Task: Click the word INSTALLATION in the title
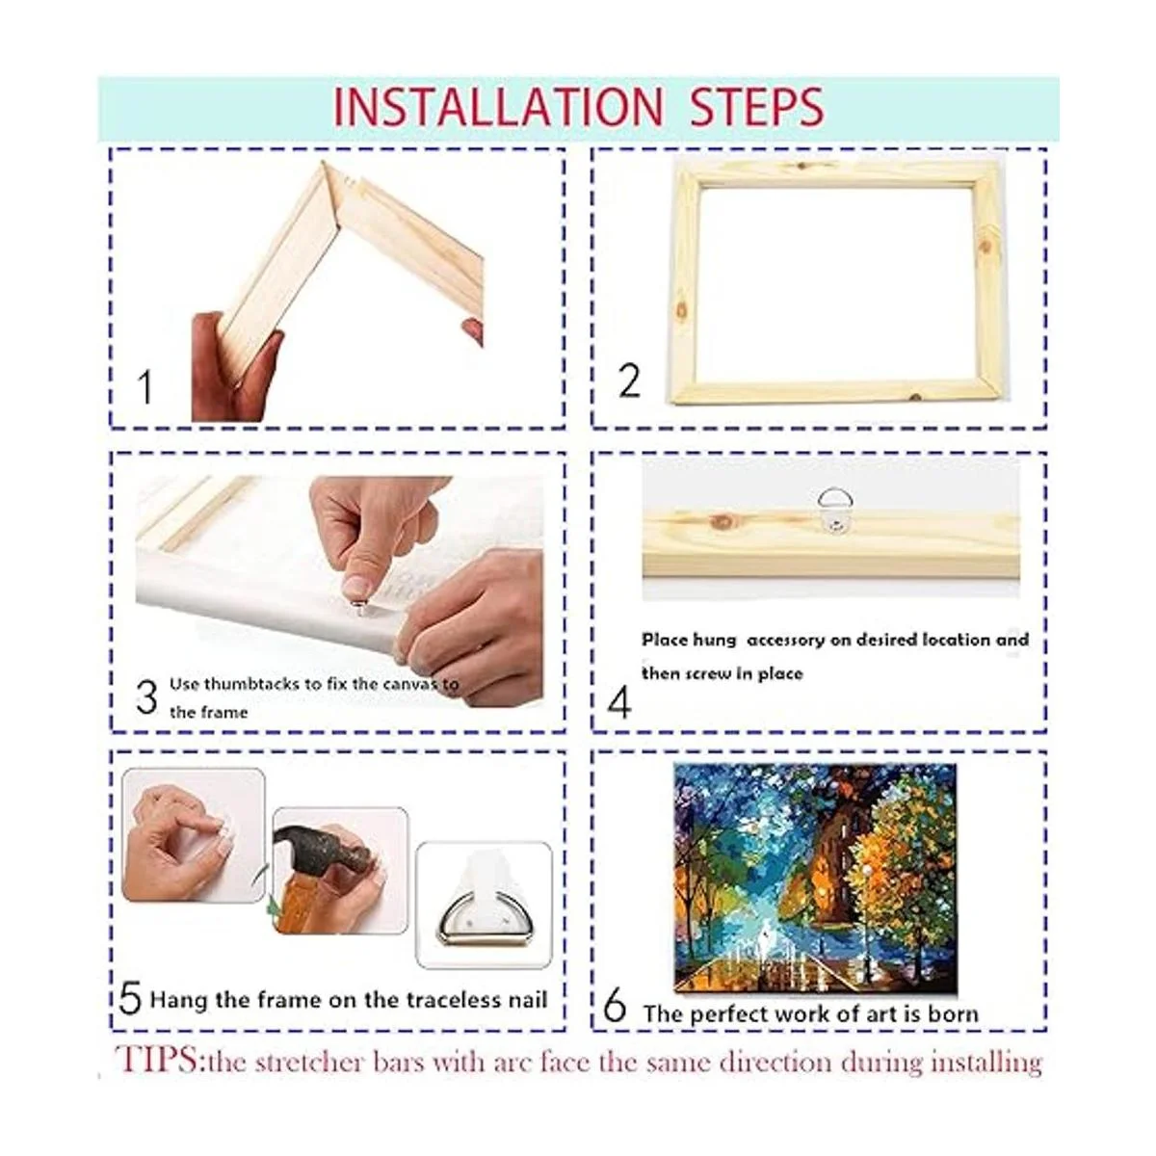coord(497,107)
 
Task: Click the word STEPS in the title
coord(758,107)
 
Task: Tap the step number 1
coord(145,387)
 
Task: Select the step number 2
coord(629,381)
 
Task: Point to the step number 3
coord(147,697)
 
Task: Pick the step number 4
coord(619,702)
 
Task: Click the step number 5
coord(130,998)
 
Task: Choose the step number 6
coord(615,1006)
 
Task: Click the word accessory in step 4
coord(786,641)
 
